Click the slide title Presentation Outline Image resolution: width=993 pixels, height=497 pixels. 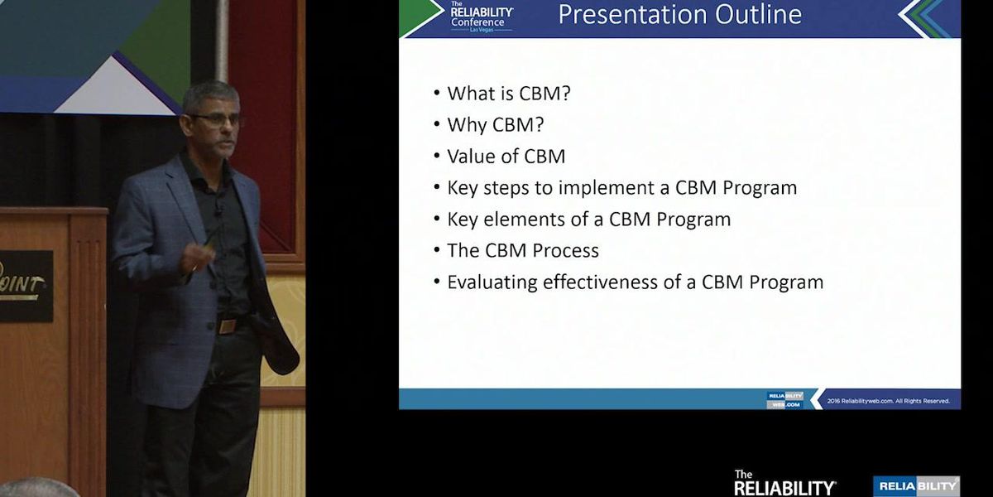(x=679, y=15)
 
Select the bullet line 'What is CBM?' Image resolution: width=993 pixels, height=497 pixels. (x=508, y=94)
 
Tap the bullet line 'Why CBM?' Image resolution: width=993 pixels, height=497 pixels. (x=495, y=125)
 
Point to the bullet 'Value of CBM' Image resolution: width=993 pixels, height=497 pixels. (x=506, y=157)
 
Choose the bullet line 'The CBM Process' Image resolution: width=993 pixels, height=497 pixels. (x=522, y=251)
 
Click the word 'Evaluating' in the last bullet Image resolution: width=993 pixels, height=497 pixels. (x=492, y=282)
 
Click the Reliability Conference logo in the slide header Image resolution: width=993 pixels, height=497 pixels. (x=481, y=17)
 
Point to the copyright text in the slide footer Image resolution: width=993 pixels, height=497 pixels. (x=888, y=401)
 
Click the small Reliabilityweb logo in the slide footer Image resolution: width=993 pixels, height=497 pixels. (x=784, y=400)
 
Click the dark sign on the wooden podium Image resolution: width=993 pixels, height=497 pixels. (x=25, y=286)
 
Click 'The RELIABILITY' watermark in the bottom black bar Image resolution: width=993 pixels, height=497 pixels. (x=784, y=483)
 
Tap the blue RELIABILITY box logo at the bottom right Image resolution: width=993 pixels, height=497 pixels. (x=916, y=486)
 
